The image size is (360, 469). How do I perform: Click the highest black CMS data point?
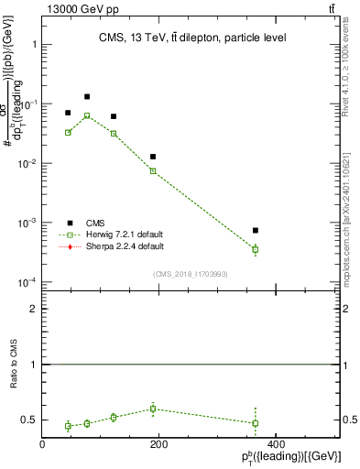(x=87, y=96)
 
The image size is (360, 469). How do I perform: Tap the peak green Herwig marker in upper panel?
(x=87, y=115)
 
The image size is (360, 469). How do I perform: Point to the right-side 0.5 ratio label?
(x=349, y=420)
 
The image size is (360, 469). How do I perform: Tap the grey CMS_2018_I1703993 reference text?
(x=191, y=274)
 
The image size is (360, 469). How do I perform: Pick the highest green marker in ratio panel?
(x=154, y=409)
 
